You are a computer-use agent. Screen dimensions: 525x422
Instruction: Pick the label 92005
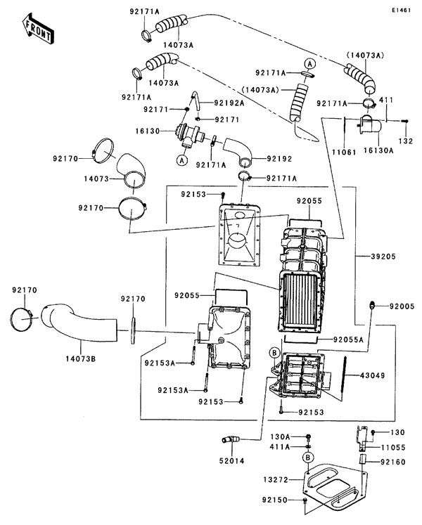[403, 306]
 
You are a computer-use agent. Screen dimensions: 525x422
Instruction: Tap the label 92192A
[229, 103]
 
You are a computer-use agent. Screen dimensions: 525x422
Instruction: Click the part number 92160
[395, 462]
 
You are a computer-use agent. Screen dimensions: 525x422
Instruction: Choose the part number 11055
[395, 446]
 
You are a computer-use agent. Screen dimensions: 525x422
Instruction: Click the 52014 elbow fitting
[229, 440]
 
